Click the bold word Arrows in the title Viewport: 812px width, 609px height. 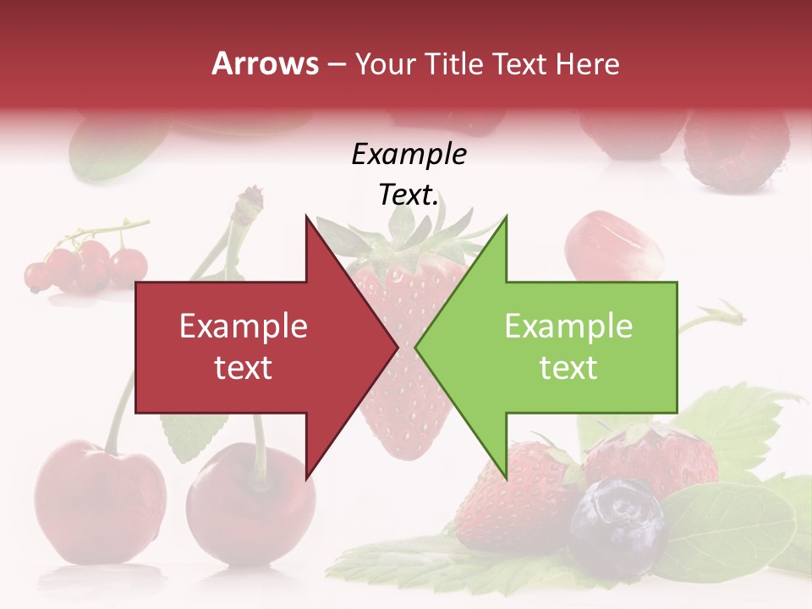click(266, 63)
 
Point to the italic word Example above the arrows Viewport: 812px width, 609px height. click(409, 154)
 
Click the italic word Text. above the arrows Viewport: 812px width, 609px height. click(409, 195)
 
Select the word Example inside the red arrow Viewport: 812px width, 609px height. click(243, 326)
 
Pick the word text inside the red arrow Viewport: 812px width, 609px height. click(243, 367)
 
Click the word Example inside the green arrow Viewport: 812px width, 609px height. click(568, 326)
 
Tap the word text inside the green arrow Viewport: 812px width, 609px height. click(568, 367)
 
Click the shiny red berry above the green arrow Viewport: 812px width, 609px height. click(605, 245)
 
